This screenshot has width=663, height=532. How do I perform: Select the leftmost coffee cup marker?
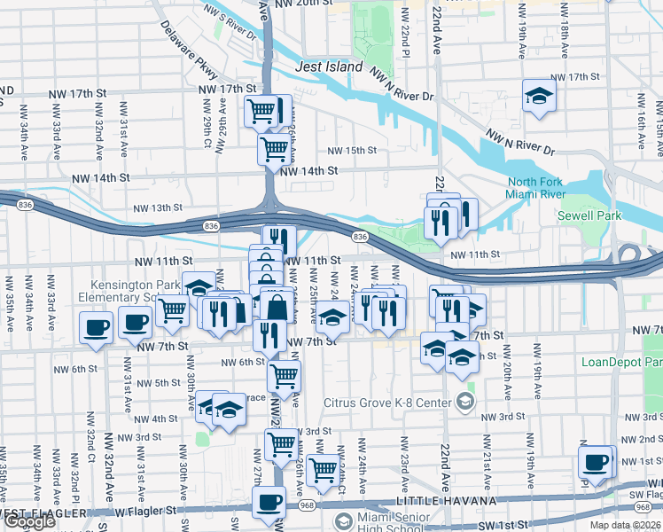[96, 326]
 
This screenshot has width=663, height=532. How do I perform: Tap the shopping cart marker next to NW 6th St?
[284, 375]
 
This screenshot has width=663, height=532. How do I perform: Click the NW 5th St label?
[161, 383]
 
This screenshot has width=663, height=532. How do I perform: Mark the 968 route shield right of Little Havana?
[640, 506]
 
